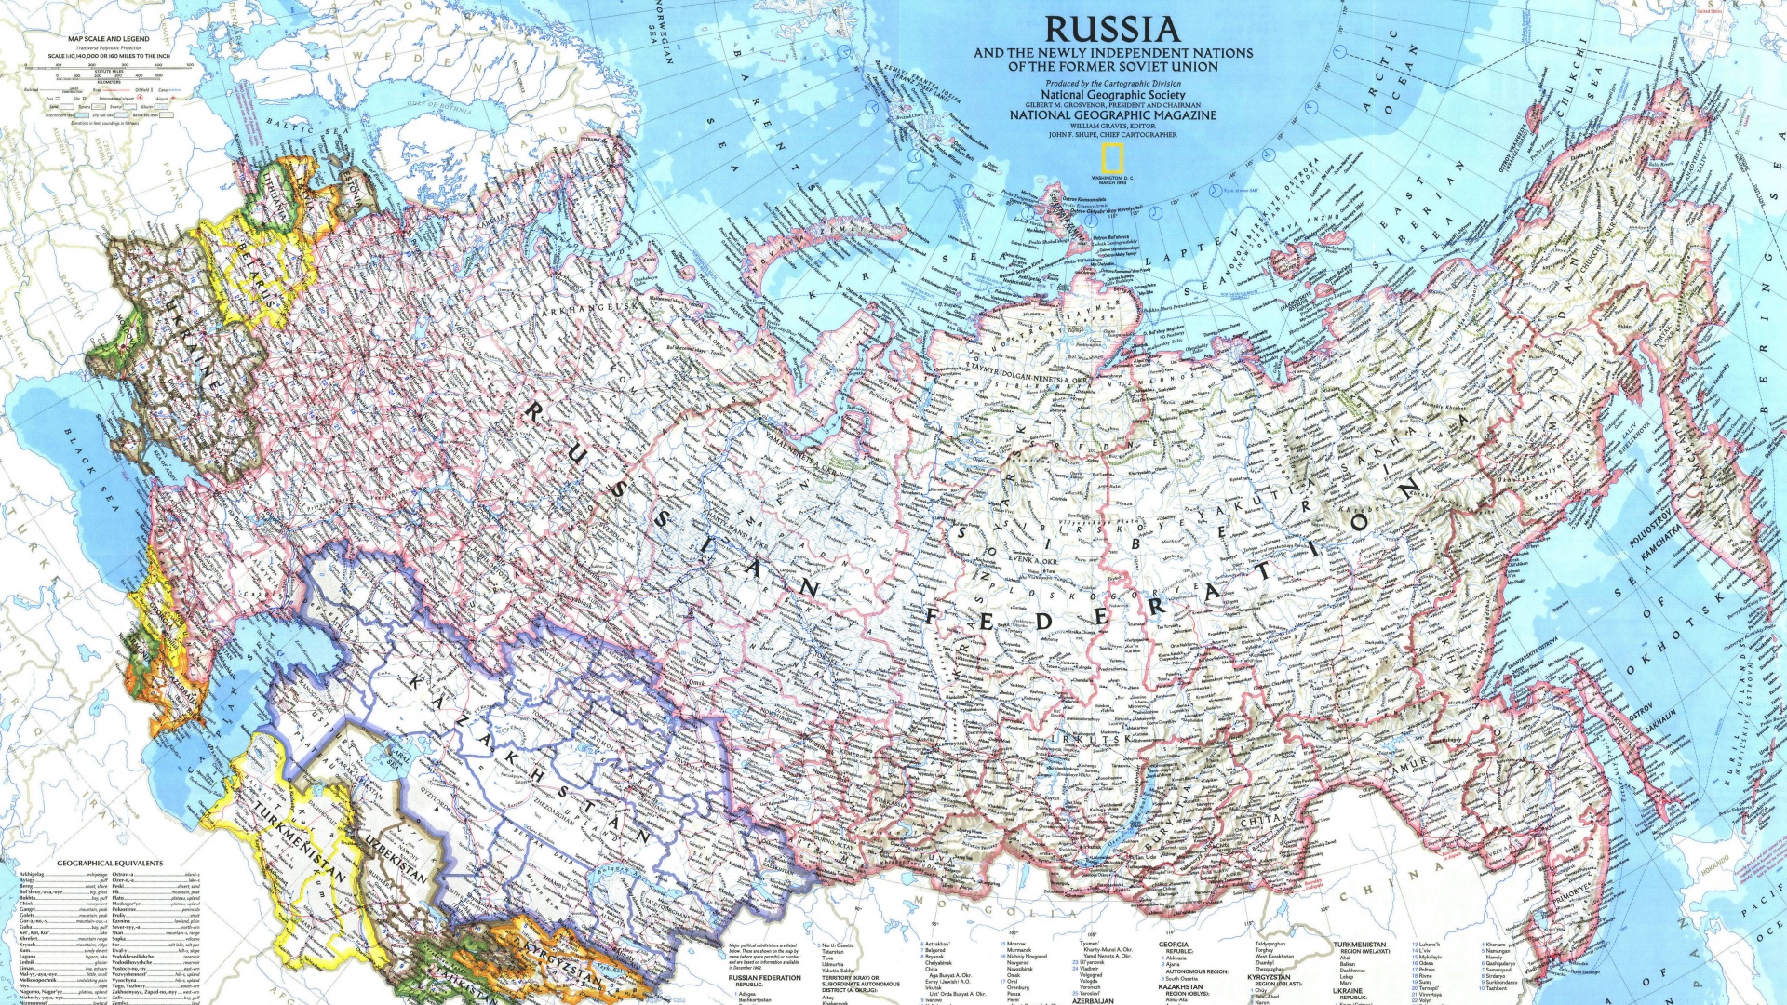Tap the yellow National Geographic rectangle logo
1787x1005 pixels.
click(x=1113, y=158)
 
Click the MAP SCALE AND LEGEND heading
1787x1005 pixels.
click(x=108, y=39)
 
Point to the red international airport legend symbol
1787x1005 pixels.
click(x=140, y=98)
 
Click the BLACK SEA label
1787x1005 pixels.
click(x=92, y=470)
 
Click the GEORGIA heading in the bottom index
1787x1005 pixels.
click(x=1173, y=944)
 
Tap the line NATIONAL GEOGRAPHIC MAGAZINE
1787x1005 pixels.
click(x=1112, y=115)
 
